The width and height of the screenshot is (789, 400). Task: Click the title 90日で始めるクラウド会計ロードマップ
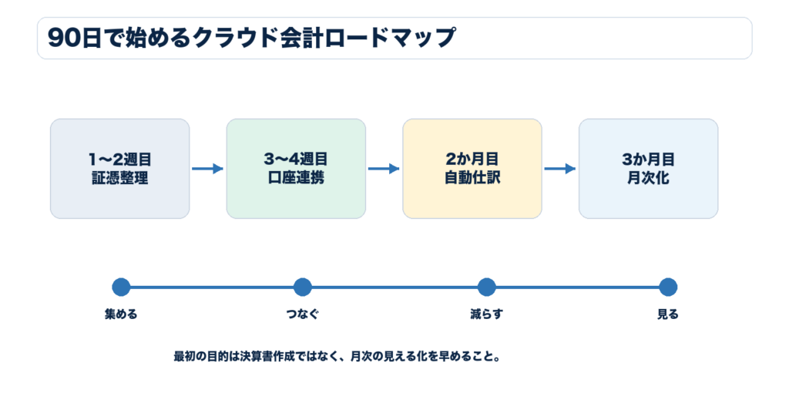pyautogui.click(x=251, y=39)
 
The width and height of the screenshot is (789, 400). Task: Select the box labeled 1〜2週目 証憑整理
pyautogui.click(x=119, y=169)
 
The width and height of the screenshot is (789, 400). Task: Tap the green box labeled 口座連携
pyautogui.click(x=296, y=169)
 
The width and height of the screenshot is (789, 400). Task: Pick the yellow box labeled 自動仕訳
pyautogui.click(x=472, y=169)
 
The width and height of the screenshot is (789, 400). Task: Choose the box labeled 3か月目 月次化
pyautogui.click(x=648, y=169)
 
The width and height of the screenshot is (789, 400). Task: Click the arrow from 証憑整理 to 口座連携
pyautogui.click(x=207, y=169)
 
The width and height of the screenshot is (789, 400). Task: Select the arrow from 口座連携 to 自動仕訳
pyautogui.click(x=384, y=169)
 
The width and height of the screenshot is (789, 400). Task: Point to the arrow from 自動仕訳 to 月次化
pyautogui.click(x=559, y=169)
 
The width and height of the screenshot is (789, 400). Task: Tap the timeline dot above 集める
pyautogui.click(x=121, y=287)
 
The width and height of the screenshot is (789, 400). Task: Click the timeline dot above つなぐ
pyautogui.click(x=302, y=287)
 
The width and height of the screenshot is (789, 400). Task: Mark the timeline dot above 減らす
pyautogui.click(x=487, y=287)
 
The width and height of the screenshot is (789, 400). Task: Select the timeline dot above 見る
pyautogui.click(x=668, y=287)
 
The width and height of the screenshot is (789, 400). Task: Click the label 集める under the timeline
pyautogui.click(x=121, y=314)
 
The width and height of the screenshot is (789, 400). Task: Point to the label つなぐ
pyautogui.click(x=302, y=314)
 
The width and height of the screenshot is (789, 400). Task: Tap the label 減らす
pyautogui.click(x=487, y=314)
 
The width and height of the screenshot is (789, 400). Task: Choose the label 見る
pyautogui.click(x=668, y=314)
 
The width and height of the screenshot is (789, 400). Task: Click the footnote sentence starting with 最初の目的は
pyautogui.click(x=337, y=357)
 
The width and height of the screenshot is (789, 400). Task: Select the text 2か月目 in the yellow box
pyautogui.click(x=472, y=159)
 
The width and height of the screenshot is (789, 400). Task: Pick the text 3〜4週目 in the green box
pyautogui.click(x=296, y=159)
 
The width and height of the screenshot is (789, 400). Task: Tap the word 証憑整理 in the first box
pyautogui.click(x=119, y=178)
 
